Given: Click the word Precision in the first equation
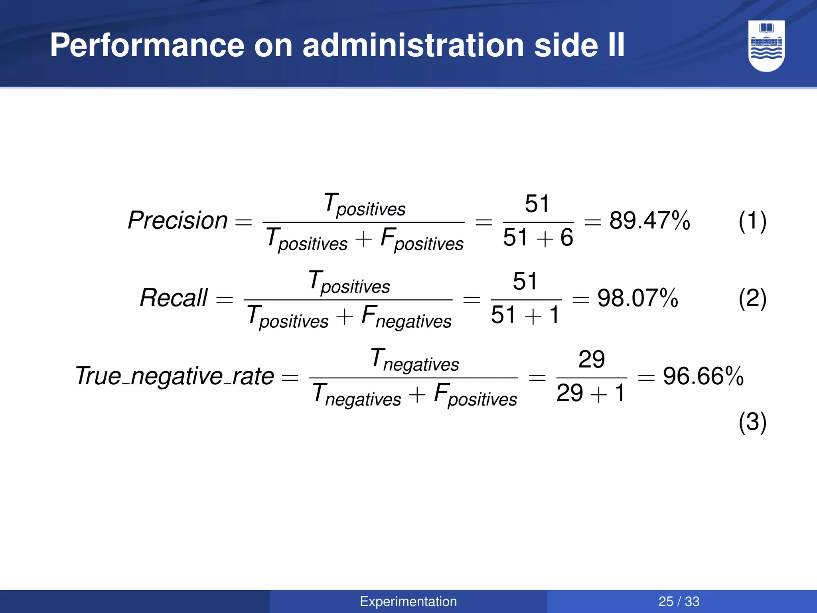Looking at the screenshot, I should pyautogui.click(x=178, y=220).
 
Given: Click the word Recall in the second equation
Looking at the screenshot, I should pyautogui.click(x=174, y=298).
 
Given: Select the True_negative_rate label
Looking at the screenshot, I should pyautogui.click(x=175, y=376).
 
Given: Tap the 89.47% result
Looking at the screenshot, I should pyautogui.click(x=649, y=220).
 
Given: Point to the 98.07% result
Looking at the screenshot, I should pyautogui.click(x=637, y=298).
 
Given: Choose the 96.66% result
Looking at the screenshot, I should pyautogui.click(x=703, y=376).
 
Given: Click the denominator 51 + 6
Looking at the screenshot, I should pyautogui.click(x=538, y=237).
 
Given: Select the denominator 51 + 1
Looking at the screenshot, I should pyautogui.click(x=525, y=315).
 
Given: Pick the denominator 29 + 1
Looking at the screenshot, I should pyautogui.click(x=591, y=393).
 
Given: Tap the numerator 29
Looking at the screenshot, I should pyautogui.click(x=592, y=359).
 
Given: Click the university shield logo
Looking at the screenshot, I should pyautogui.click(x=766, y=46).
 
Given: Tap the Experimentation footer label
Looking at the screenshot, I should pyautogui.click(x=408, y=601).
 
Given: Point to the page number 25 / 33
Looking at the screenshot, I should pyautogui.click(x=679, y=601).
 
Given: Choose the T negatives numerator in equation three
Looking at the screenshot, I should pyautogui.click(x=414, y=360).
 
